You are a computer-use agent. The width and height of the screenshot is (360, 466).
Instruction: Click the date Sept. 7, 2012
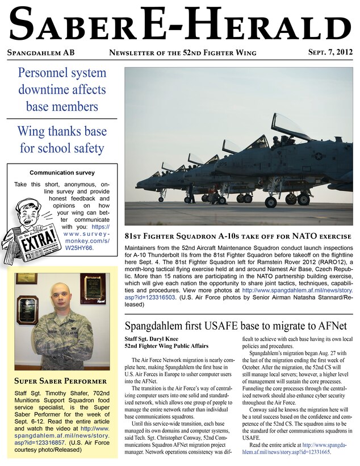(x=330, y=53)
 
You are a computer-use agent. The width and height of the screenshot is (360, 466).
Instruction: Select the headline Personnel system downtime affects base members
(x=62, y=89)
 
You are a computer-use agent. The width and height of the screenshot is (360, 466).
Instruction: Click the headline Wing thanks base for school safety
(x=62, y=140)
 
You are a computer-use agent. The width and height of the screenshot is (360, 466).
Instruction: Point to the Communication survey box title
(x=62, y=173)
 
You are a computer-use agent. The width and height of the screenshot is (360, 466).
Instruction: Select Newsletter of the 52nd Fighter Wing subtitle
(x=182, y=53)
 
